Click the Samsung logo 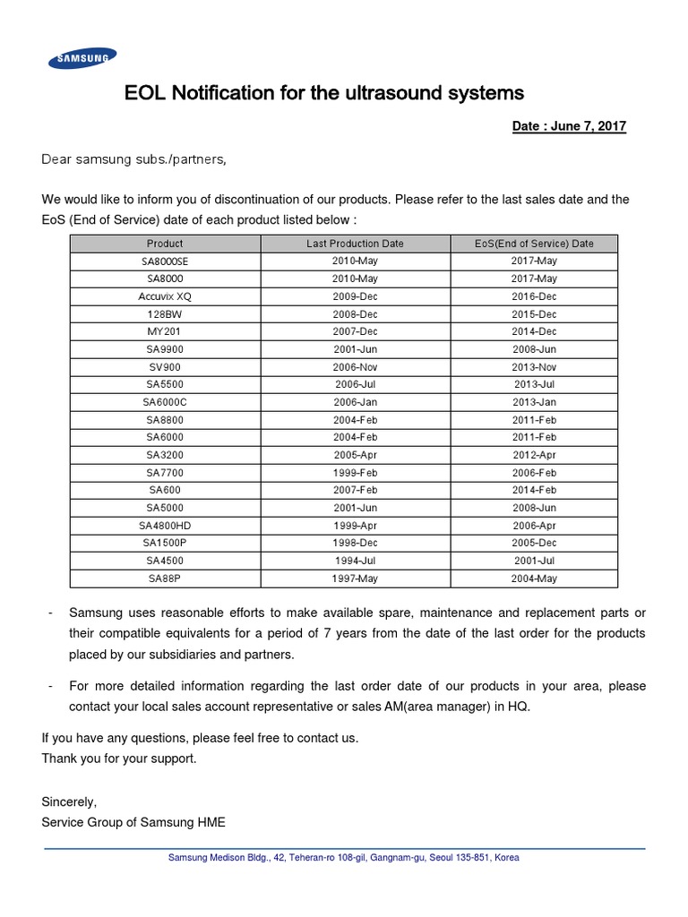tap(82, 59)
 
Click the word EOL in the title tap(146, 93)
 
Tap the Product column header tap(165, 244)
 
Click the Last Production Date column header tap(355, 244)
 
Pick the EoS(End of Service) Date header tap(534, 244)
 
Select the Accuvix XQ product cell tap(165, 296)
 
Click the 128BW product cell tap(165, 314)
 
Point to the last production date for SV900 tap(355, 367)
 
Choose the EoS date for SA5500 tap(534, 385)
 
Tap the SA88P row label tap(165, 578)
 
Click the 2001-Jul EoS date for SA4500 tap(534, 561)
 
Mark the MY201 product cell tap(165, 331)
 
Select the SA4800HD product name tap(165, 526)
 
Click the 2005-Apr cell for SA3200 tap(355, 455)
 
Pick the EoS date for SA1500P tap(534, 543)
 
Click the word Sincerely tap(69, 801)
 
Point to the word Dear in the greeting tap(56, 159)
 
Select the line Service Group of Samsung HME tap(140, 822)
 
